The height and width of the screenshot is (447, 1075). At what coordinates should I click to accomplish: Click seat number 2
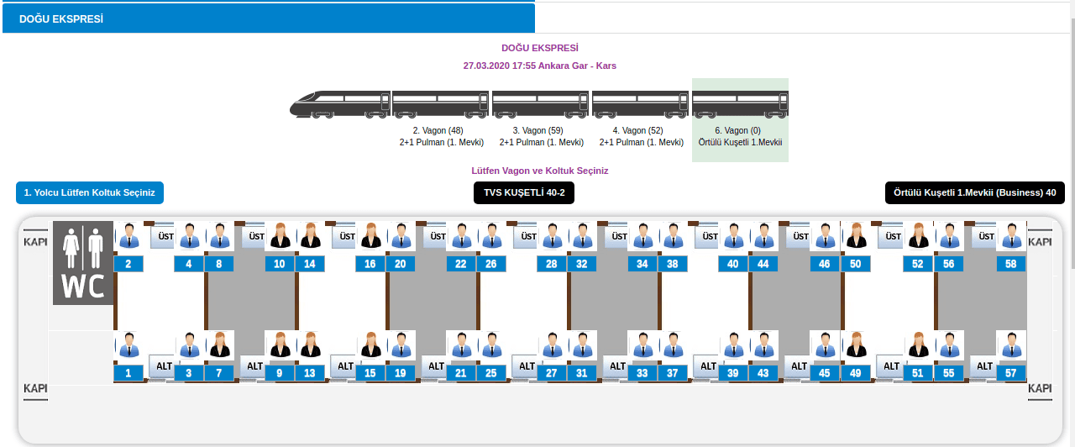pyautogui.click(x=128, y=264)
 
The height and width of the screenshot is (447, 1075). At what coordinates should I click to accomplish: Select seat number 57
pyautogui.click(x=1010, y=373)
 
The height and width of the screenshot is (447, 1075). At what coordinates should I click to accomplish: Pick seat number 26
pyautogui.click(x=491, y=264)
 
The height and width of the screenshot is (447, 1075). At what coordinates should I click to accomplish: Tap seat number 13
pyautogui.click(x=310, y=373)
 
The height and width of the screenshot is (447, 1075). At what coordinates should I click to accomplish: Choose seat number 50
pyautogui.click(x=855, y=264)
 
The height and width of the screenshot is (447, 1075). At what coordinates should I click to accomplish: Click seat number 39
pyautogui.click(x=733, y=373)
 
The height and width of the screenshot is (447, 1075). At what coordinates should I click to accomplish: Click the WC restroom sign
pyautogui.click(x=83, y=263)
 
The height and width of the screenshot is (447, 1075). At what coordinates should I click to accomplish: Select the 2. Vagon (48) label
pyautogui.click(x=438, y=130)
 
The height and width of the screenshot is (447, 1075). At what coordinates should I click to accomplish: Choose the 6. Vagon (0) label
pyautogui.click(x=737, y=130)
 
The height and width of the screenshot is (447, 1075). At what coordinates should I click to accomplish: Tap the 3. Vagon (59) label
pyautogui.click(x=538, y=130)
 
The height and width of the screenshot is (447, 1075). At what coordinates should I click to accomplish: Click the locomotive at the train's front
pyautogui.click(x=340, y=104)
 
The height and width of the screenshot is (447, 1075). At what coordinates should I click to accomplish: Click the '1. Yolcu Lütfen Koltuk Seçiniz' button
pyautogui.click(x=90, y=192)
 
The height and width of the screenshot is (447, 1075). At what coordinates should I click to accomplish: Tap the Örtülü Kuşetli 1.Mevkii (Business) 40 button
pyautogui.click(x=975, y=192)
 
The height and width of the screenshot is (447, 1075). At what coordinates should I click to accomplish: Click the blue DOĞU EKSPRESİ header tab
pyautogui.click(x=269, y=18)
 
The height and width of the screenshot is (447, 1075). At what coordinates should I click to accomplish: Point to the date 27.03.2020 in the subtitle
pyautogui.click(x=486, y=66)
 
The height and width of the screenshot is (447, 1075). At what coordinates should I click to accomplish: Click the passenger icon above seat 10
pyautogui.click(x=280, y=236)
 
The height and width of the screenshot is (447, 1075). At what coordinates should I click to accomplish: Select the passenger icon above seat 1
pyautogui.click(x=128, y=345)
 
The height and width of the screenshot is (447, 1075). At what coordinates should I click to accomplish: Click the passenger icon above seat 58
pyautogui.click(x=1011, y=236)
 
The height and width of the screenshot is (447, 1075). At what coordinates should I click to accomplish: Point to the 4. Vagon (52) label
pyautogui.click(x=637, y=130)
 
